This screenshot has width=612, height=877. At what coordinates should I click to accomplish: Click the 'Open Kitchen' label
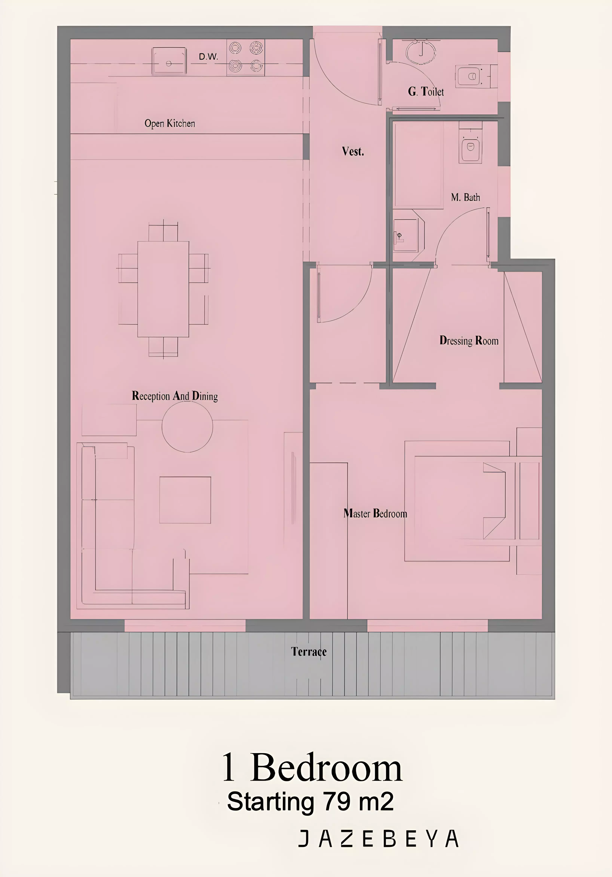[170, 123]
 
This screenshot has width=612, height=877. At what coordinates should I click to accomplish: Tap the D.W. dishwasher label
[208, 57]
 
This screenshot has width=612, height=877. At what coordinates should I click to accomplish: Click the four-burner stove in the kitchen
[246, 58]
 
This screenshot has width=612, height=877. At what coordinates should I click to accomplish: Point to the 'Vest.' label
[353, 152]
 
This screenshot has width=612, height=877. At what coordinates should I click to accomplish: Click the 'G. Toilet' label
[426, 92]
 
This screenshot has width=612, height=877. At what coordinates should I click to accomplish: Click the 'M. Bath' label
[465, 198]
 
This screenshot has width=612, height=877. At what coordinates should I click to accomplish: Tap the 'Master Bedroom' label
[376, 513]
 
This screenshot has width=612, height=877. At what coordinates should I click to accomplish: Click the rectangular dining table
[163, 289]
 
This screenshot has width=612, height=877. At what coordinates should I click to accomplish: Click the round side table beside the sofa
[187, 427]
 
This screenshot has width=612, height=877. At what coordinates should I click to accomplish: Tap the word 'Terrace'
[309, 652]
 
